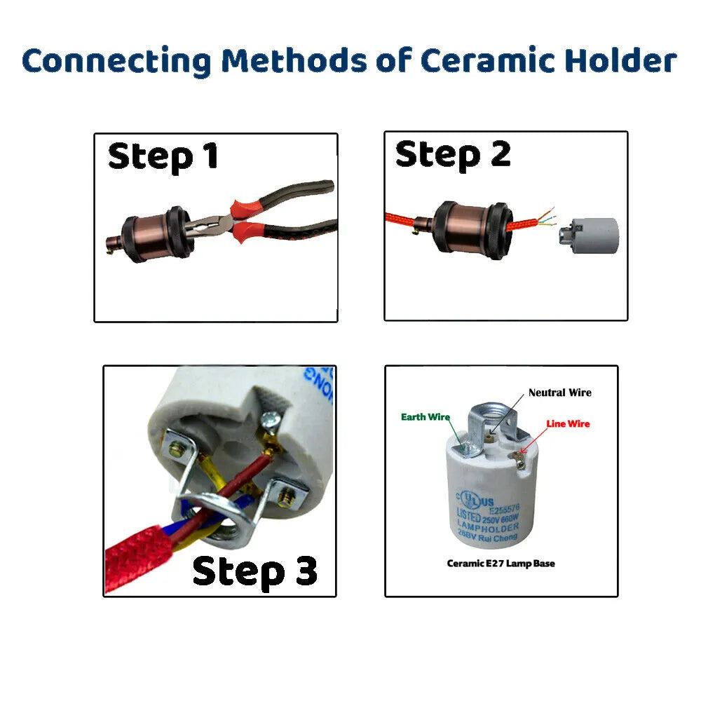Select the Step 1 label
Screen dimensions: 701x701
coord(163,156)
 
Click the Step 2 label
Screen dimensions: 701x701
coord(453,154)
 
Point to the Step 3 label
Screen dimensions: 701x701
coord(254,571)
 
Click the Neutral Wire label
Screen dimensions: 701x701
coord(559,393)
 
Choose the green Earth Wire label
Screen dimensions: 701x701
coord(425,417)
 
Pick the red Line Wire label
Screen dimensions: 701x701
coord(568,423)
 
